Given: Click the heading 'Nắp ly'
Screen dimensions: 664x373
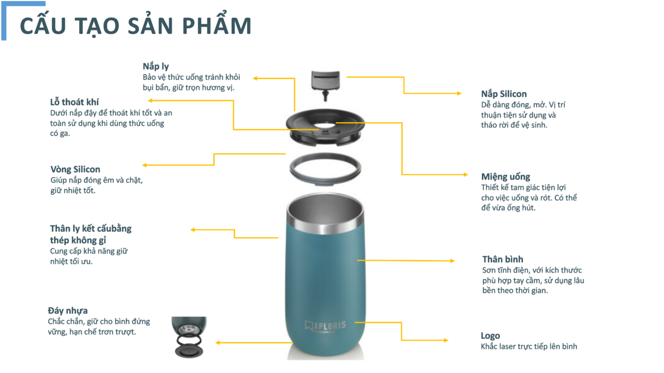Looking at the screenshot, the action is click(x=155, y=67).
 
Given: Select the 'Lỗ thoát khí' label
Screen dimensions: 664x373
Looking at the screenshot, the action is click(x=74, y=102).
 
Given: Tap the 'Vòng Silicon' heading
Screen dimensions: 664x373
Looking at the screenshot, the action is click(x=75, y=169).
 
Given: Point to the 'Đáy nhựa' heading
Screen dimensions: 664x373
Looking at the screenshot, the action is click(x=68, y=311).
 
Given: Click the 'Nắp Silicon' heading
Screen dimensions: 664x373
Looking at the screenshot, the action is click(x=504, y=94).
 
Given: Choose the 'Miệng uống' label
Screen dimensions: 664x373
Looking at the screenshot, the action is click(x=506, y=177).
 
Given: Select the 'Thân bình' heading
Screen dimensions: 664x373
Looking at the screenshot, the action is click(x=503, y=259).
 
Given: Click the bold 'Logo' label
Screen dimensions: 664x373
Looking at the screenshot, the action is click(x=490, y=336).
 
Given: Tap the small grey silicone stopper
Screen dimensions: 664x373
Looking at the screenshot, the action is click(x=325, y=85).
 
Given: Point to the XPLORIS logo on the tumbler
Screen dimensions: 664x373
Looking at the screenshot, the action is click(x=325, y=326).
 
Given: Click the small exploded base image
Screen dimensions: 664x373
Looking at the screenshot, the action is click(x=189, y=337).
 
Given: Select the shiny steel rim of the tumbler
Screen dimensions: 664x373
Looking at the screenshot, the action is click(x=325, y=225).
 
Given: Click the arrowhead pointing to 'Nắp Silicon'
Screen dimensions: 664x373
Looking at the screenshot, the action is click(x=459, y=93).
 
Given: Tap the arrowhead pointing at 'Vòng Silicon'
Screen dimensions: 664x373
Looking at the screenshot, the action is click(x=144, y=165).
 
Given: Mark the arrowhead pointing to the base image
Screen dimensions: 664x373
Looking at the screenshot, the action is click(x=217, y=343).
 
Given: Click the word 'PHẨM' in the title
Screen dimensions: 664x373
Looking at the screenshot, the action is click(x=217, y=26).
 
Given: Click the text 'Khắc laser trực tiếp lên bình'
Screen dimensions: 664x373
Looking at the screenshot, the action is click(x=529, y=346).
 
